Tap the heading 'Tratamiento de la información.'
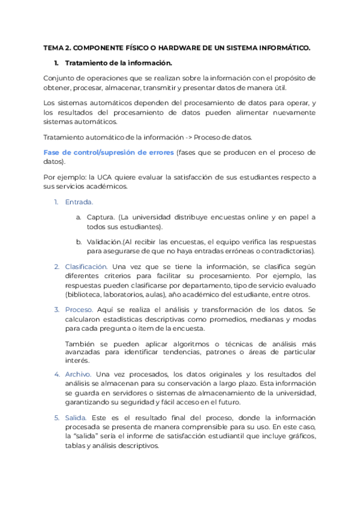[x=118, y=62]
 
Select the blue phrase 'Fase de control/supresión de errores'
[x=109, y=152]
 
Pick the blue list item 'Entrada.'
[x=79, y=202]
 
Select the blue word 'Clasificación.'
[x=86, y=266]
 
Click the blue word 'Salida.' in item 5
[x=76, y=417]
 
